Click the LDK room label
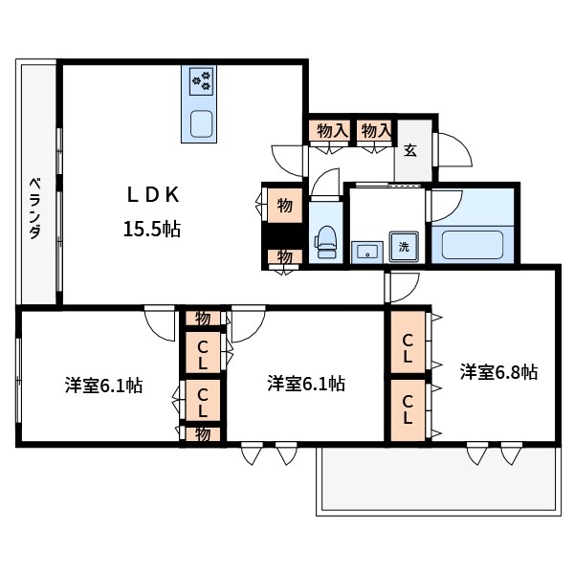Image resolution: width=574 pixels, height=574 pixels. [x=153, y=195]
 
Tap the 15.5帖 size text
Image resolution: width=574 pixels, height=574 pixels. [x=152, y=230]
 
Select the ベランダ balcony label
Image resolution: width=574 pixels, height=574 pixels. [x=35, y=208]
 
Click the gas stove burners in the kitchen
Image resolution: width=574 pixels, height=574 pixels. [x=201, y=80]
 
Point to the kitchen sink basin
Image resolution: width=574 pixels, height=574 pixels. [x=201, y=123]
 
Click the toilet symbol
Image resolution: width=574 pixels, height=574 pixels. [x=325, y=242]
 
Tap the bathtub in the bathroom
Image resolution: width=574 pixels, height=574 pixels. [x=473, y=245]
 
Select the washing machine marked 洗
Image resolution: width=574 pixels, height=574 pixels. [x=404, y=247]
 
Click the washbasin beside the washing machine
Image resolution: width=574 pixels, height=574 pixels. [x=367, y=252]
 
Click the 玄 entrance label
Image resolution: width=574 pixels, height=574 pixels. [x=410, y=150]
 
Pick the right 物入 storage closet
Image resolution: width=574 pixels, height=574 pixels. [x=375, y=130]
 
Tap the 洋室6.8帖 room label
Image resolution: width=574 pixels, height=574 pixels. [x=499, y=372]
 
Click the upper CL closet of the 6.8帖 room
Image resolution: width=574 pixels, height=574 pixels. [x=408, y=342]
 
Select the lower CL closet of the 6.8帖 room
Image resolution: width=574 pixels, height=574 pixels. [x=408, y=410]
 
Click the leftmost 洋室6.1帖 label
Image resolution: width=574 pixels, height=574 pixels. [x=104, y=386]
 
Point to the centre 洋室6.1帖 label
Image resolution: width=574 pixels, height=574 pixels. [x=306, y=384]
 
